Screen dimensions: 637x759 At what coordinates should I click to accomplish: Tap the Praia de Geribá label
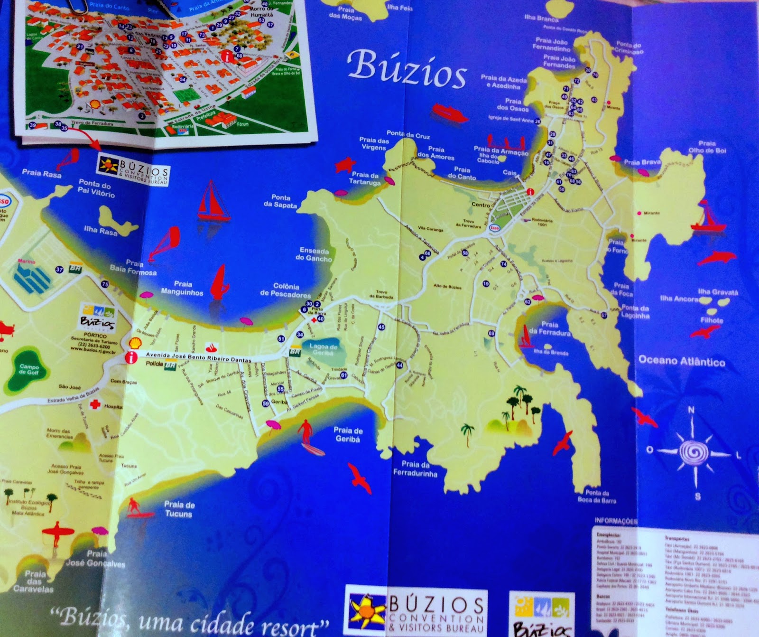pos(348,434)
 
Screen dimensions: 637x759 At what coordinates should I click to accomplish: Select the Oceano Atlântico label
pos(682,361)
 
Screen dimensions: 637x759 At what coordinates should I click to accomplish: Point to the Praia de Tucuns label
pos(179,509)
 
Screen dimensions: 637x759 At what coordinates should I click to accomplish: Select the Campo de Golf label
pos(29,369)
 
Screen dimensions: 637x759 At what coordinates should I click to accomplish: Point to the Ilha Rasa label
pos(100,231)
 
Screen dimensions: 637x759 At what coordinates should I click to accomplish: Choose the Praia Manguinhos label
pos(182,288)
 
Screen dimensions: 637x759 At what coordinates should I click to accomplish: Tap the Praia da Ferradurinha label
pos(415,468)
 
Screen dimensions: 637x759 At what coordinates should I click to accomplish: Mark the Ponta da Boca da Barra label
pos(597,496)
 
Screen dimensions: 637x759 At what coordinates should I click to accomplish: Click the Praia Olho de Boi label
pos(707,147)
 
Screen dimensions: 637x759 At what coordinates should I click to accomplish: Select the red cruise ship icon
pos(449,113)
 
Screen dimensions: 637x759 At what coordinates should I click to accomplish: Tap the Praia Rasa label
pos(42,174)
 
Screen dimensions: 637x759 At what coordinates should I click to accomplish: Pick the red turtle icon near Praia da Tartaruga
pos(345,165)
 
